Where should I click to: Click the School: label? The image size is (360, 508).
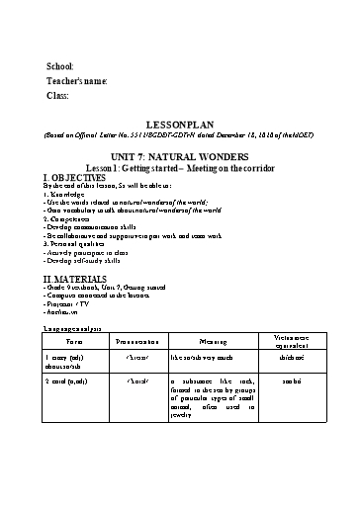60,66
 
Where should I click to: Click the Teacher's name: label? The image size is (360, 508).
76,81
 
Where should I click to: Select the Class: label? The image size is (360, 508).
57,96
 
